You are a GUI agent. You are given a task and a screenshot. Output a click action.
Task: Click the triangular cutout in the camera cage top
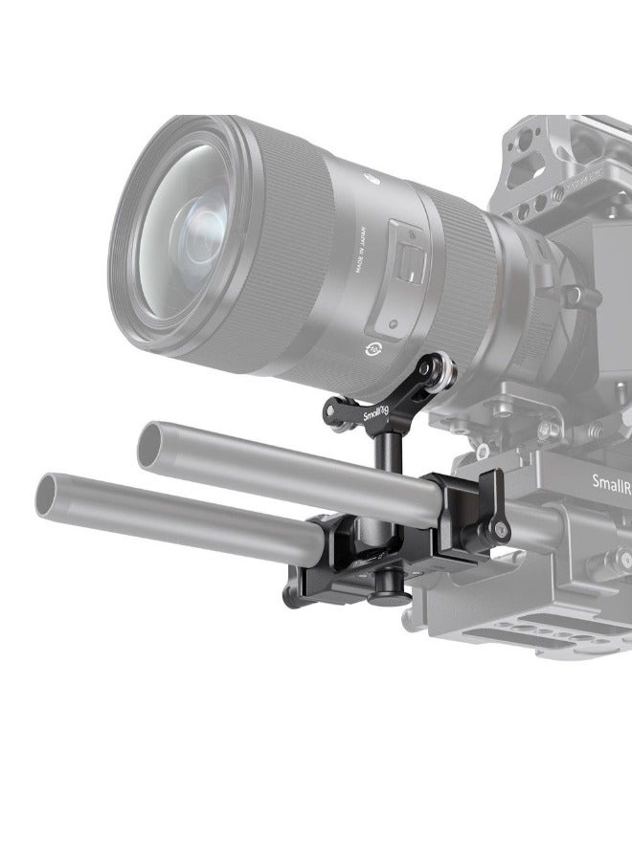click(521, 167)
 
